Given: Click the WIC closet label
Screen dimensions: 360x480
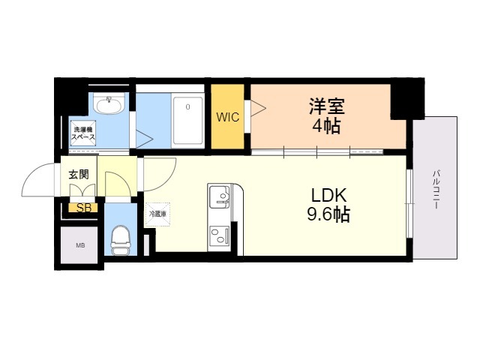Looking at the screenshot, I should (x=228, y=117).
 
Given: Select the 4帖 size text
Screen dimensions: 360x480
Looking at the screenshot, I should (x=326, y=126).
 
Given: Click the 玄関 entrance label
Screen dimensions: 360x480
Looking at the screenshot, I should (x=79, y=174).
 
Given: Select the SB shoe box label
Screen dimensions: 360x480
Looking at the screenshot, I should (x=82, y=208).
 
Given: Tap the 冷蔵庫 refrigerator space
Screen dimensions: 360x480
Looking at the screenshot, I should (x=157, y=214).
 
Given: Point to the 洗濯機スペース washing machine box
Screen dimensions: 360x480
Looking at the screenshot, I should (x=83, y=133).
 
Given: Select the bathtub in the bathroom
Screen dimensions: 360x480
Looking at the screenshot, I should (x=187, y=120).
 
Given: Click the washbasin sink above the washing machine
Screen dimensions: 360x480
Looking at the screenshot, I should (x=109, y=105).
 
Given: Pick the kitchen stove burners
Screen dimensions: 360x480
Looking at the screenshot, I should (x=220, y=238).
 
